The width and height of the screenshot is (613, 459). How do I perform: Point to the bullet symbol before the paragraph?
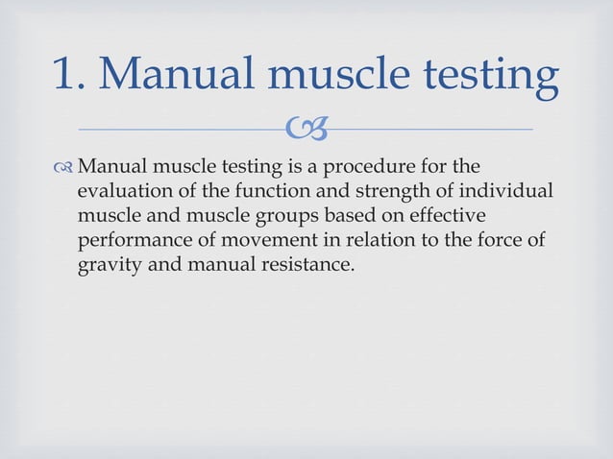tap(64, 166)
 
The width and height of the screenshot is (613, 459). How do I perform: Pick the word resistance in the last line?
tap(304, 262)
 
